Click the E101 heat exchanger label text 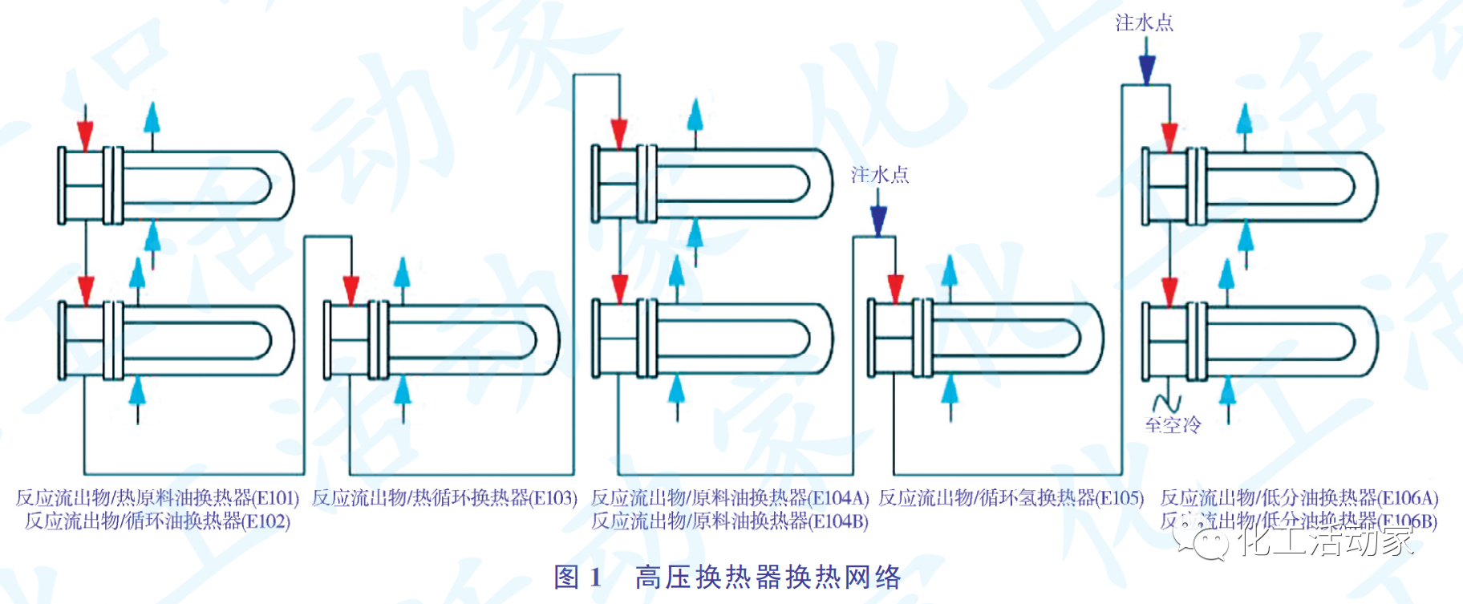pyautogui.click(x=157, y=498)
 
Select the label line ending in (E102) pyautogui.click(x=157, y=521)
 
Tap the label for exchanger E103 pyautogui.click(x=444, y=498)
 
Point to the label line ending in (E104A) pyautogui.click(x=730, y=498)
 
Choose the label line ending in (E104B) pyautogui.click(x=730, y=521)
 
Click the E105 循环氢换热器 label pyautogui.click(x=1011, y=498)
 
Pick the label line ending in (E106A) pyautogui.click(x=1299, y=498)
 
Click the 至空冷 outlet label pyautogui.click(x=1173, y=424)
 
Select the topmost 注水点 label pyautogui.click(x=1145, y=22)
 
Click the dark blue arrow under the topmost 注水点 pyautogui.click(x=1147, y=69)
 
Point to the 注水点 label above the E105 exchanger pyautogui.click(x=880, y=174)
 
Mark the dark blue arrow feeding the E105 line pyautogui.click(x=879, y=220)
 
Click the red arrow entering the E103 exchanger pyautogui.click(x=351, y=288)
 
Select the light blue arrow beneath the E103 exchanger pyautogui.click(x=403, y=391)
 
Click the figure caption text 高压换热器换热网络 pyautogui.click(x=768, y=577)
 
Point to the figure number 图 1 pyautogui.click(x=577, y=577)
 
